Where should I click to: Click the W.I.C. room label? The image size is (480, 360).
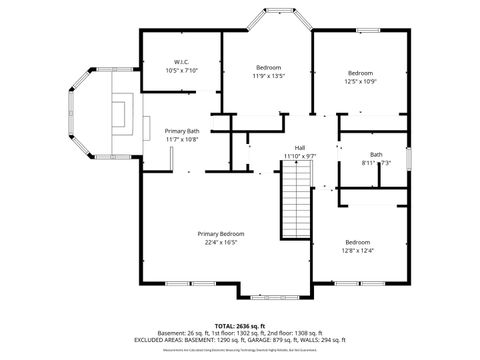182,62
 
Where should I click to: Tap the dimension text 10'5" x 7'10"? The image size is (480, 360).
182,70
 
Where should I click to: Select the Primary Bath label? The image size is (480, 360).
182,131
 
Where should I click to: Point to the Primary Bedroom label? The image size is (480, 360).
220,233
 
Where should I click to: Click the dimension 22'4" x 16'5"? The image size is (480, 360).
220,241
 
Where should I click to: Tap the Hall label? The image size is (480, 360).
299,148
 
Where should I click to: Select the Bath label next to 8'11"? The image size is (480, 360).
376,154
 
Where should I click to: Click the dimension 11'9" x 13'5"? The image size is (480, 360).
268,75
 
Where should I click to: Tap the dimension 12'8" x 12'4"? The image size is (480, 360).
358,250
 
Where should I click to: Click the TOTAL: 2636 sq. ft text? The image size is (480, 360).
240,326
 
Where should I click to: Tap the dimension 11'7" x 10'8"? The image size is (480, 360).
182,139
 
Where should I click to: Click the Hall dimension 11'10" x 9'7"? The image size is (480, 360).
299,156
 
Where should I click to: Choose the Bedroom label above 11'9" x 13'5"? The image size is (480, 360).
268,67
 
